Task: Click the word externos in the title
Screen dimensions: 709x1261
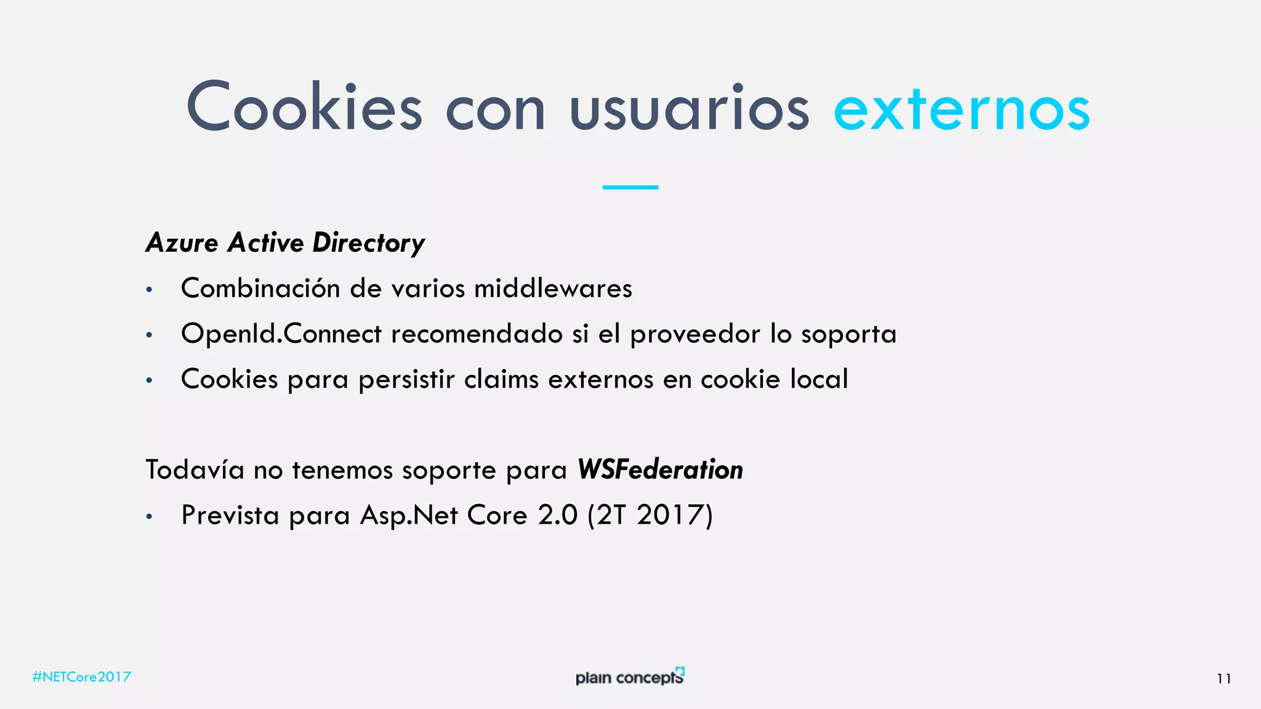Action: [x=961, y=110]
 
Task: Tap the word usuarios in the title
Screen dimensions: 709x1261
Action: [x=690, y=110]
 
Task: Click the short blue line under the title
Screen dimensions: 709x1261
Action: [x=630, y=187]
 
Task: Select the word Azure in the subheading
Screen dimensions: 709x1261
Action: [x=182, y=243]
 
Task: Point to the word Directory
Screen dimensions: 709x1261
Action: [x=368, y=244]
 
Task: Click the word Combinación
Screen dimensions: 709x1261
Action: [x=260, y=289]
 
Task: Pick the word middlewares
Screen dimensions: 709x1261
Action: [x=553, y=289]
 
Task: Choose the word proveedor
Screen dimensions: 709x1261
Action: [x=695, y=334]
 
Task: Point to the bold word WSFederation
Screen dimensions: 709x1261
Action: [x=660, y=470]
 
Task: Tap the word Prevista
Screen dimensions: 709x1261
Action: [x=230, y=516]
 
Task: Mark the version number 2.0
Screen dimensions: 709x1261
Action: [x=558, y=516]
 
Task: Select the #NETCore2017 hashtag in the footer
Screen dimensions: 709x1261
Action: [x=82, y=677]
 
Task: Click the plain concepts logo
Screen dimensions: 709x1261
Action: [x=630, y=676]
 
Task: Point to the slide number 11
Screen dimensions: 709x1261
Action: [x=1224, y=679]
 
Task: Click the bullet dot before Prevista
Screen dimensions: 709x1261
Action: [x=149, y=517]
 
